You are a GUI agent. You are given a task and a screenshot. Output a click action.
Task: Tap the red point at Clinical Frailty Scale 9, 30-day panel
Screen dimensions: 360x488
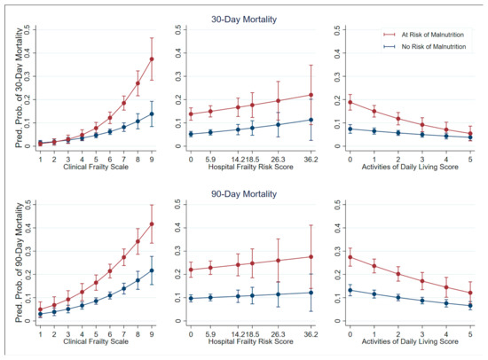[x=152, y=59]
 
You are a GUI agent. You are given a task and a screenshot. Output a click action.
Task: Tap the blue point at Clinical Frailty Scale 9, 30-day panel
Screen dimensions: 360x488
[x=152, y=113]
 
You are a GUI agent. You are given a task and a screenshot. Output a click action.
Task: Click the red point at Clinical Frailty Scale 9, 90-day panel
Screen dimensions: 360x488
[x=152, y=223]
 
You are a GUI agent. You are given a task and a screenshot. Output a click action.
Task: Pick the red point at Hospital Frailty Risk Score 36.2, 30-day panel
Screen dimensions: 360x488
[x=311, y=95]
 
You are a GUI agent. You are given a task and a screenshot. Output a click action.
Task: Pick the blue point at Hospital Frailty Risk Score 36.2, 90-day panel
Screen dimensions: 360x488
[x=311, y=292]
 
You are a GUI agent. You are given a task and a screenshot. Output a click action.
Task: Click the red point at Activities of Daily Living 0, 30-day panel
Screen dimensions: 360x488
[x=350, y=102]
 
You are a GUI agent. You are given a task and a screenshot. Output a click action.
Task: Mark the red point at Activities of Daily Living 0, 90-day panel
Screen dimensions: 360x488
[x=350, y=257]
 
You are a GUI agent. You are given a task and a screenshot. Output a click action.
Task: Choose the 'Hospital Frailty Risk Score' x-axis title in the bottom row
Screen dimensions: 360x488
[x=250, y=339]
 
